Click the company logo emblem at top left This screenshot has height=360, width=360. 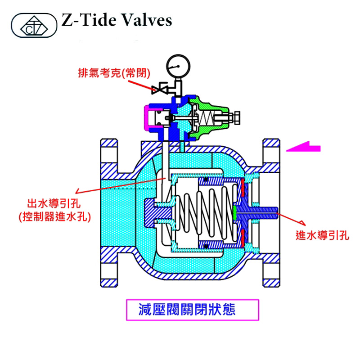tap(34, 26)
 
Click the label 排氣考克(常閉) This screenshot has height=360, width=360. tap(114, 72)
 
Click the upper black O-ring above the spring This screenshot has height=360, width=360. tap(207, 180)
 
